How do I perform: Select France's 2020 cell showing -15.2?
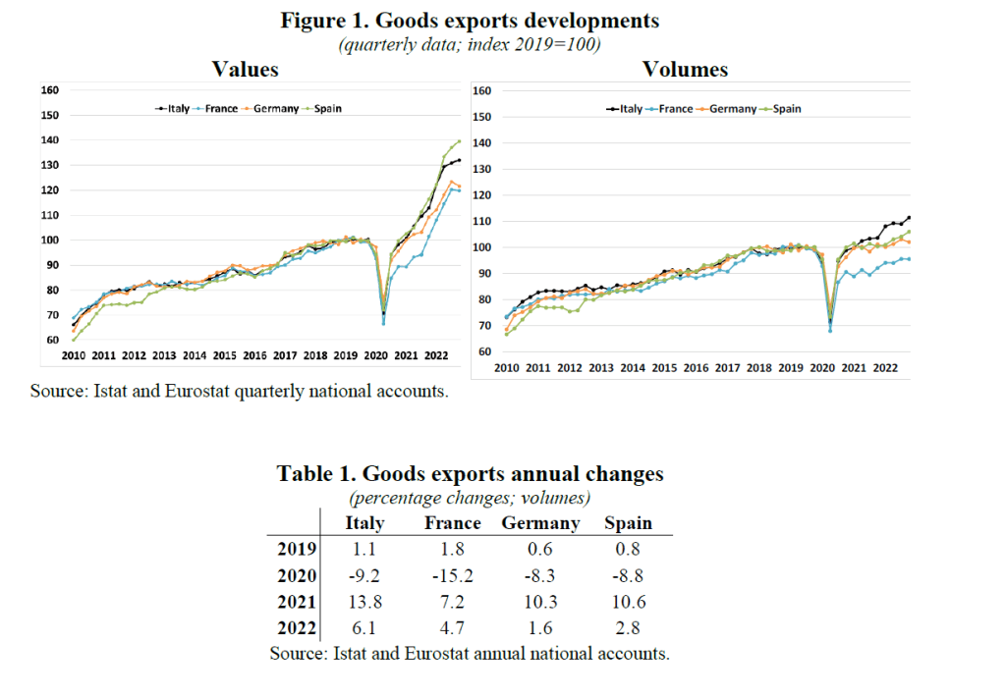(x=452, y=575)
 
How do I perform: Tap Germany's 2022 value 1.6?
(x=540, y=627)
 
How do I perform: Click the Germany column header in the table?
(x=540, y=523)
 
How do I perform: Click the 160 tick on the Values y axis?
(x=49, y=90)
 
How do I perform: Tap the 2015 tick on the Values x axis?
(x=224, y=355)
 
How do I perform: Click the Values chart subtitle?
(x=246, y=69)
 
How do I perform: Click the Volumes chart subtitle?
(x=685, y=69)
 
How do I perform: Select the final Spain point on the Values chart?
(x=459, y=141)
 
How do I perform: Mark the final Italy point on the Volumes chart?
(x=909, y=218)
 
